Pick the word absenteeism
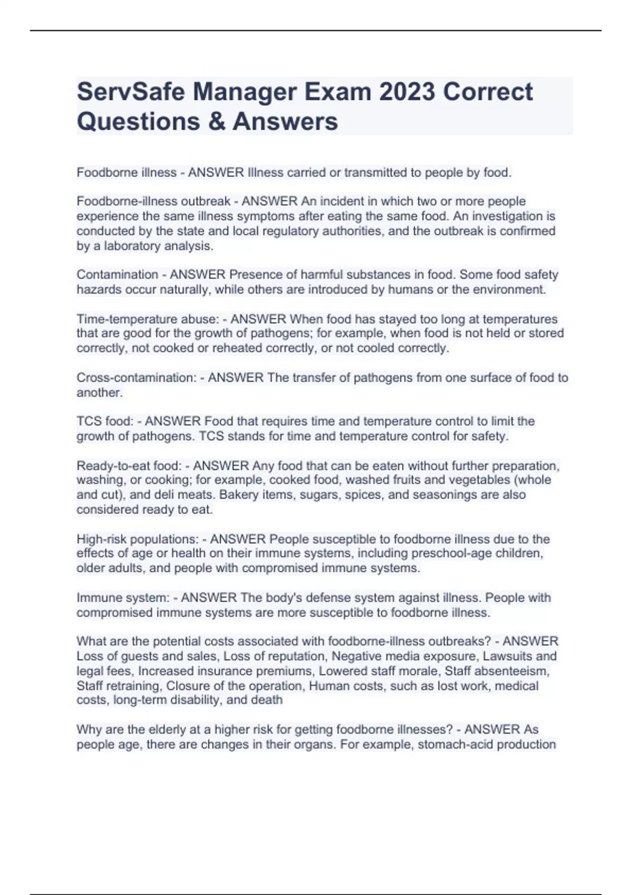515,671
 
